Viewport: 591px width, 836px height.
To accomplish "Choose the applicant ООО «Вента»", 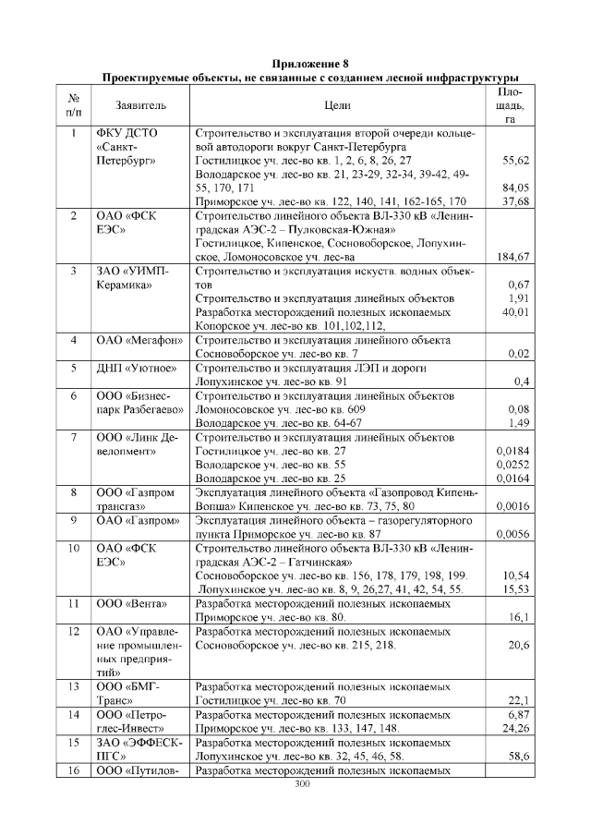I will point(133,604).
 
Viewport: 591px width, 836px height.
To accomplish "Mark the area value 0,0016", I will point(512,506).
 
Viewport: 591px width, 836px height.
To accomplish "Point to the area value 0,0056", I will point(512,534).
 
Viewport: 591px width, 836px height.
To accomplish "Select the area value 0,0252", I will point(512,465).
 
